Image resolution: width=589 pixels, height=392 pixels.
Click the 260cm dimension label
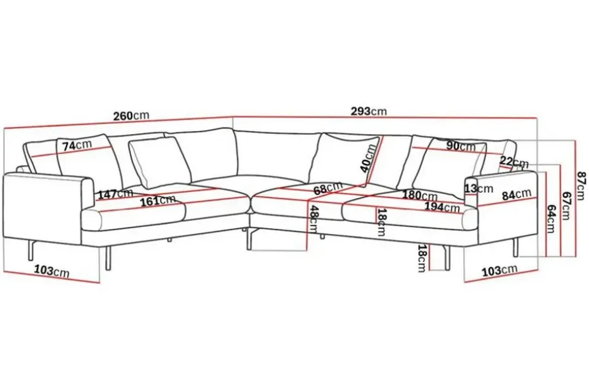(x=131, y=116)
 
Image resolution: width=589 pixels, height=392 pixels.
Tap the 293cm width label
(x=369, y=111)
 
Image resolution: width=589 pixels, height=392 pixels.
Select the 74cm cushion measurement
(x=77, y=145)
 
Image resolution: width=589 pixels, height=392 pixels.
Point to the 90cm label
(x=461, y=146)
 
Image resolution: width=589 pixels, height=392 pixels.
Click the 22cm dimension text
(x=514, y=162)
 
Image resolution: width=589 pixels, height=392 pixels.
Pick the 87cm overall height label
(x=581, y=186)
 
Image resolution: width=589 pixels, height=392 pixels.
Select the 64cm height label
(x=550, y=219)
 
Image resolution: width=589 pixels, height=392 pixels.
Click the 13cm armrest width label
(x=479, y=188)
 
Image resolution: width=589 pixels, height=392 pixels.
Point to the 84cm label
(x=517, y=194)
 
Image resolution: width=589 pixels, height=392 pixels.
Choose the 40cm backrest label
(x=369, y=158)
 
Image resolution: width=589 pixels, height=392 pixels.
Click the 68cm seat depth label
(x=328, y=188)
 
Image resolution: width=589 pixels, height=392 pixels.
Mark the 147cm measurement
(x=116, y=194)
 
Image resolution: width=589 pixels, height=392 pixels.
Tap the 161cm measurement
(x=158, y=201)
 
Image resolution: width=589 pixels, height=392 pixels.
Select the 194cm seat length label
(x=442, y=206)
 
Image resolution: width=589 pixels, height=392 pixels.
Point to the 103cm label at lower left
(x=52, y=271)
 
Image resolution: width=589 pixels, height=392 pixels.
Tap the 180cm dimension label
(x=420, y=195)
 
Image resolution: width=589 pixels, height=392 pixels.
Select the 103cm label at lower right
(x=500, y=270)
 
